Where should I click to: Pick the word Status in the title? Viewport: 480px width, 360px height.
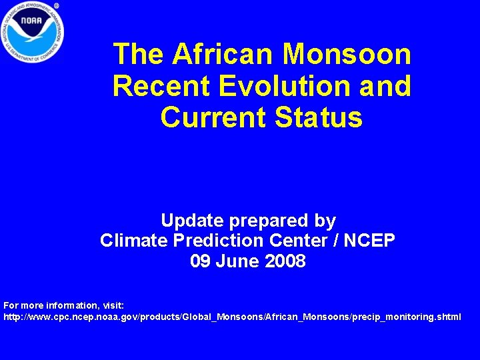319,117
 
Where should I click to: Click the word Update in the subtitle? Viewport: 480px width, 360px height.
193,220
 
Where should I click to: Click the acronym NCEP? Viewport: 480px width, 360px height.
371,240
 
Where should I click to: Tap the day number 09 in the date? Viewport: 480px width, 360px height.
200,261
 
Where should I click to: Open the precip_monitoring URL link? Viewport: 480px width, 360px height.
232,317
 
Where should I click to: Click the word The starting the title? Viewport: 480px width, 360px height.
138,54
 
